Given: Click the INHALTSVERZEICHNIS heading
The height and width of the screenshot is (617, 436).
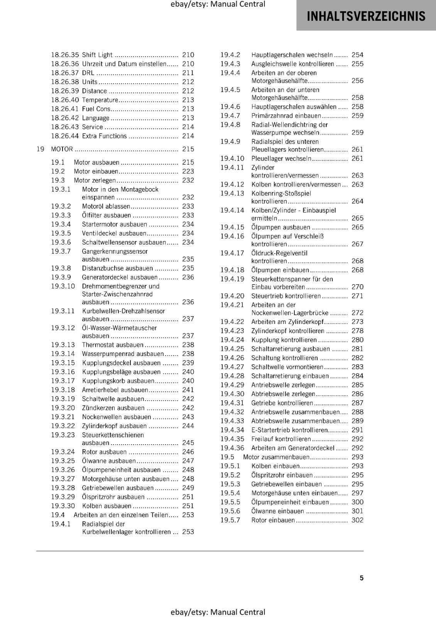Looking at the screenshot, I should (x=366, y=16).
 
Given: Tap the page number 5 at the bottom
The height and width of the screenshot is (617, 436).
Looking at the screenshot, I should (x=362, y=578).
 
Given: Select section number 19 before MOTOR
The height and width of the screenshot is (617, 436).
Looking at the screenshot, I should (x=40, y=149).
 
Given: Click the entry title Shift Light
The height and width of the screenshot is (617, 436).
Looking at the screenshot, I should (x=97, y=55).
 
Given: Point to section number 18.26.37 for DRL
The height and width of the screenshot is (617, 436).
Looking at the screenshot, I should (x=65, y=73).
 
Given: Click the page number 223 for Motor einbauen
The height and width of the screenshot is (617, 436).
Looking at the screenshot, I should (x=188, y=171).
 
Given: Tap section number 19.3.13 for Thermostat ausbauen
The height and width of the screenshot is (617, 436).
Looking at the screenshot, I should (x=63, y=345).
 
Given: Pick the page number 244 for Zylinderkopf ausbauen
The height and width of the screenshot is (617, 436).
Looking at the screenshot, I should (x=188, y=426).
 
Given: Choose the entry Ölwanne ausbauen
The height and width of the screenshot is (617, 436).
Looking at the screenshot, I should (x=109, y=461).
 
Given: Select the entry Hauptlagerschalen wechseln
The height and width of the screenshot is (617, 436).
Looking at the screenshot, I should (x=292, y=55).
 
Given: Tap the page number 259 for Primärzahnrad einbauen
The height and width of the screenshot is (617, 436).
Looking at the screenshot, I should (x=357, y=116).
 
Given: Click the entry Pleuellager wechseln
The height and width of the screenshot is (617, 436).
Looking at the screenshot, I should (x=281, y=158).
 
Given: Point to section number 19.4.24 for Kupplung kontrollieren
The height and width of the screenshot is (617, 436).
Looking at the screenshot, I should (x=232, y=340).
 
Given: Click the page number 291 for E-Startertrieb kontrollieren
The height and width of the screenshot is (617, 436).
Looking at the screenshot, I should (x=357, y=430).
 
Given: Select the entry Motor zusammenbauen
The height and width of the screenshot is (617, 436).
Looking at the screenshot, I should (x=276, y=457).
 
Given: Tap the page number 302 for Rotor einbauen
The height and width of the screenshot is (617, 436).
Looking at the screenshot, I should (x=357, y=520).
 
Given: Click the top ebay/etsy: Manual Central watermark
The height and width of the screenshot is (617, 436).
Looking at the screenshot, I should (x=218, y=4).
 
